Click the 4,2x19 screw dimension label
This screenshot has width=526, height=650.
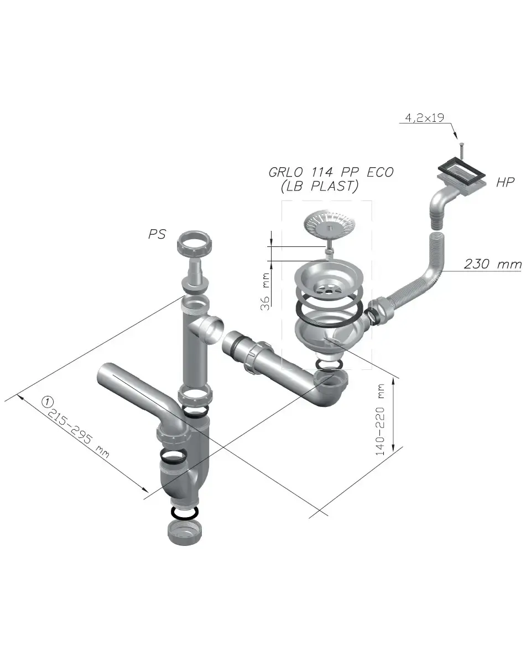click(425, 118)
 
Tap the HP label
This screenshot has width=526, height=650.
click(506, 182)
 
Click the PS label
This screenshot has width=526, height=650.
click(157, 234)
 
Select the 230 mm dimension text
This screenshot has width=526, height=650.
click(493, 264)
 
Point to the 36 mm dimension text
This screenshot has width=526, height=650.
click(265, 291)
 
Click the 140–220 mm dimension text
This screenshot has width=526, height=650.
click(380, 420)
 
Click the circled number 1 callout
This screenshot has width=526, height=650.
click(48, 401)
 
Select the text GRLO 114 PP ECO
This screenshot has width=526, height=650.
click(331, 172)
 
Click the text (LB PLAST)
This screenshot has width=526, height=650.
click(319, 186)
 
